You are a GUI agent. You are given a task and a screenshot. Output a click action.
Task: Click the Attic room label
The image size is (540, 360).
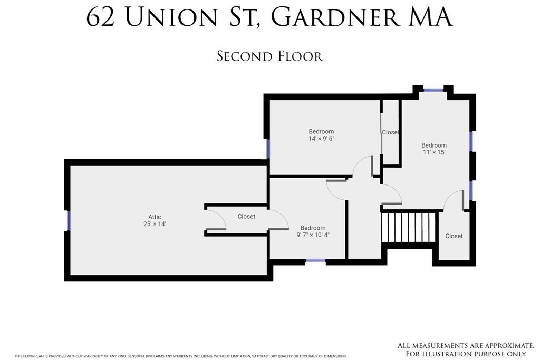(x=155, y=217)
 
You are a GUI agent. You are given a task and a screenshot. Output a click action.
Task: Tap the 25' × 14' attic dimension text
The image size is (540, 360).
(x=155, y=225)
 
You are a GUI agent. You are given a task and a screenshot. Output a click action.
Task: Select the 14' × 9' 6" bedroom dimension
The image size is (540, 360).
(x=321, y=139)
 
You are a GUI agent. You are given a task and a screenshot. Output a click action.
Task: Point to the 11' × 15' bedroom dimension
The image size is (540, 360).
(x=433, y=152)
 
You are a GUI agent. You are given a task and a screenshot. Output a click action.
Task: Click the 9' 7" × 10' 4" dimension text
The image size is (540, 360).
(x=313, y=235)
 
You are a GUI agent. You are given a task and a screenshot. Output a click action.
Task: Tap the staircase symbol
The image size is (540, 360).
(x=409, y=227)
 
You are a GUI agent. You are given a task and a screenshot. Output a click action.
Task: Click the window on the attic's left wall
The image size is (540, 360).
(x=68, y=220)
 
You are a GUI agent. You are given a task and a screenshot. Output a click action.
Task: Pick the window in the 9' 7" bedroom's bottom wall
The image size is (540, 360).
(x=315, y=260)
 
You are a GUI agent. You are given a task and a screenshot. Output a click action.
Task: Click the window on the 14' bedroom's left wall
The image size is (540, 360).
(x=268, y=149)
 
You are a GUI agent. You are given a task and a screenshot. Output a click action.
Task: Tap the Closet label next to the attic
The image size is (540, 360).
(x=246, y=217)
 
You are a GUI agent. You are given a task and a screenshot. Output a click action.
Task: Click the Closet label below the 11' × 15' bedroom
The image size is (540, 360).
(x=454, y=236)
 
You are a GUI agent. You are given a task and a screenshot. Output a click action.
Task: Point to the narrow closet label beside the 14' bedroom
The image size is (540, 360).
(x=390, y=132)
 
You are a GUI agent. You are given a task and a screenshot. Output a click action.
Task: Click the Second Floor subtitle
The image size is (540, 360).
(x=269, y=56)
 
